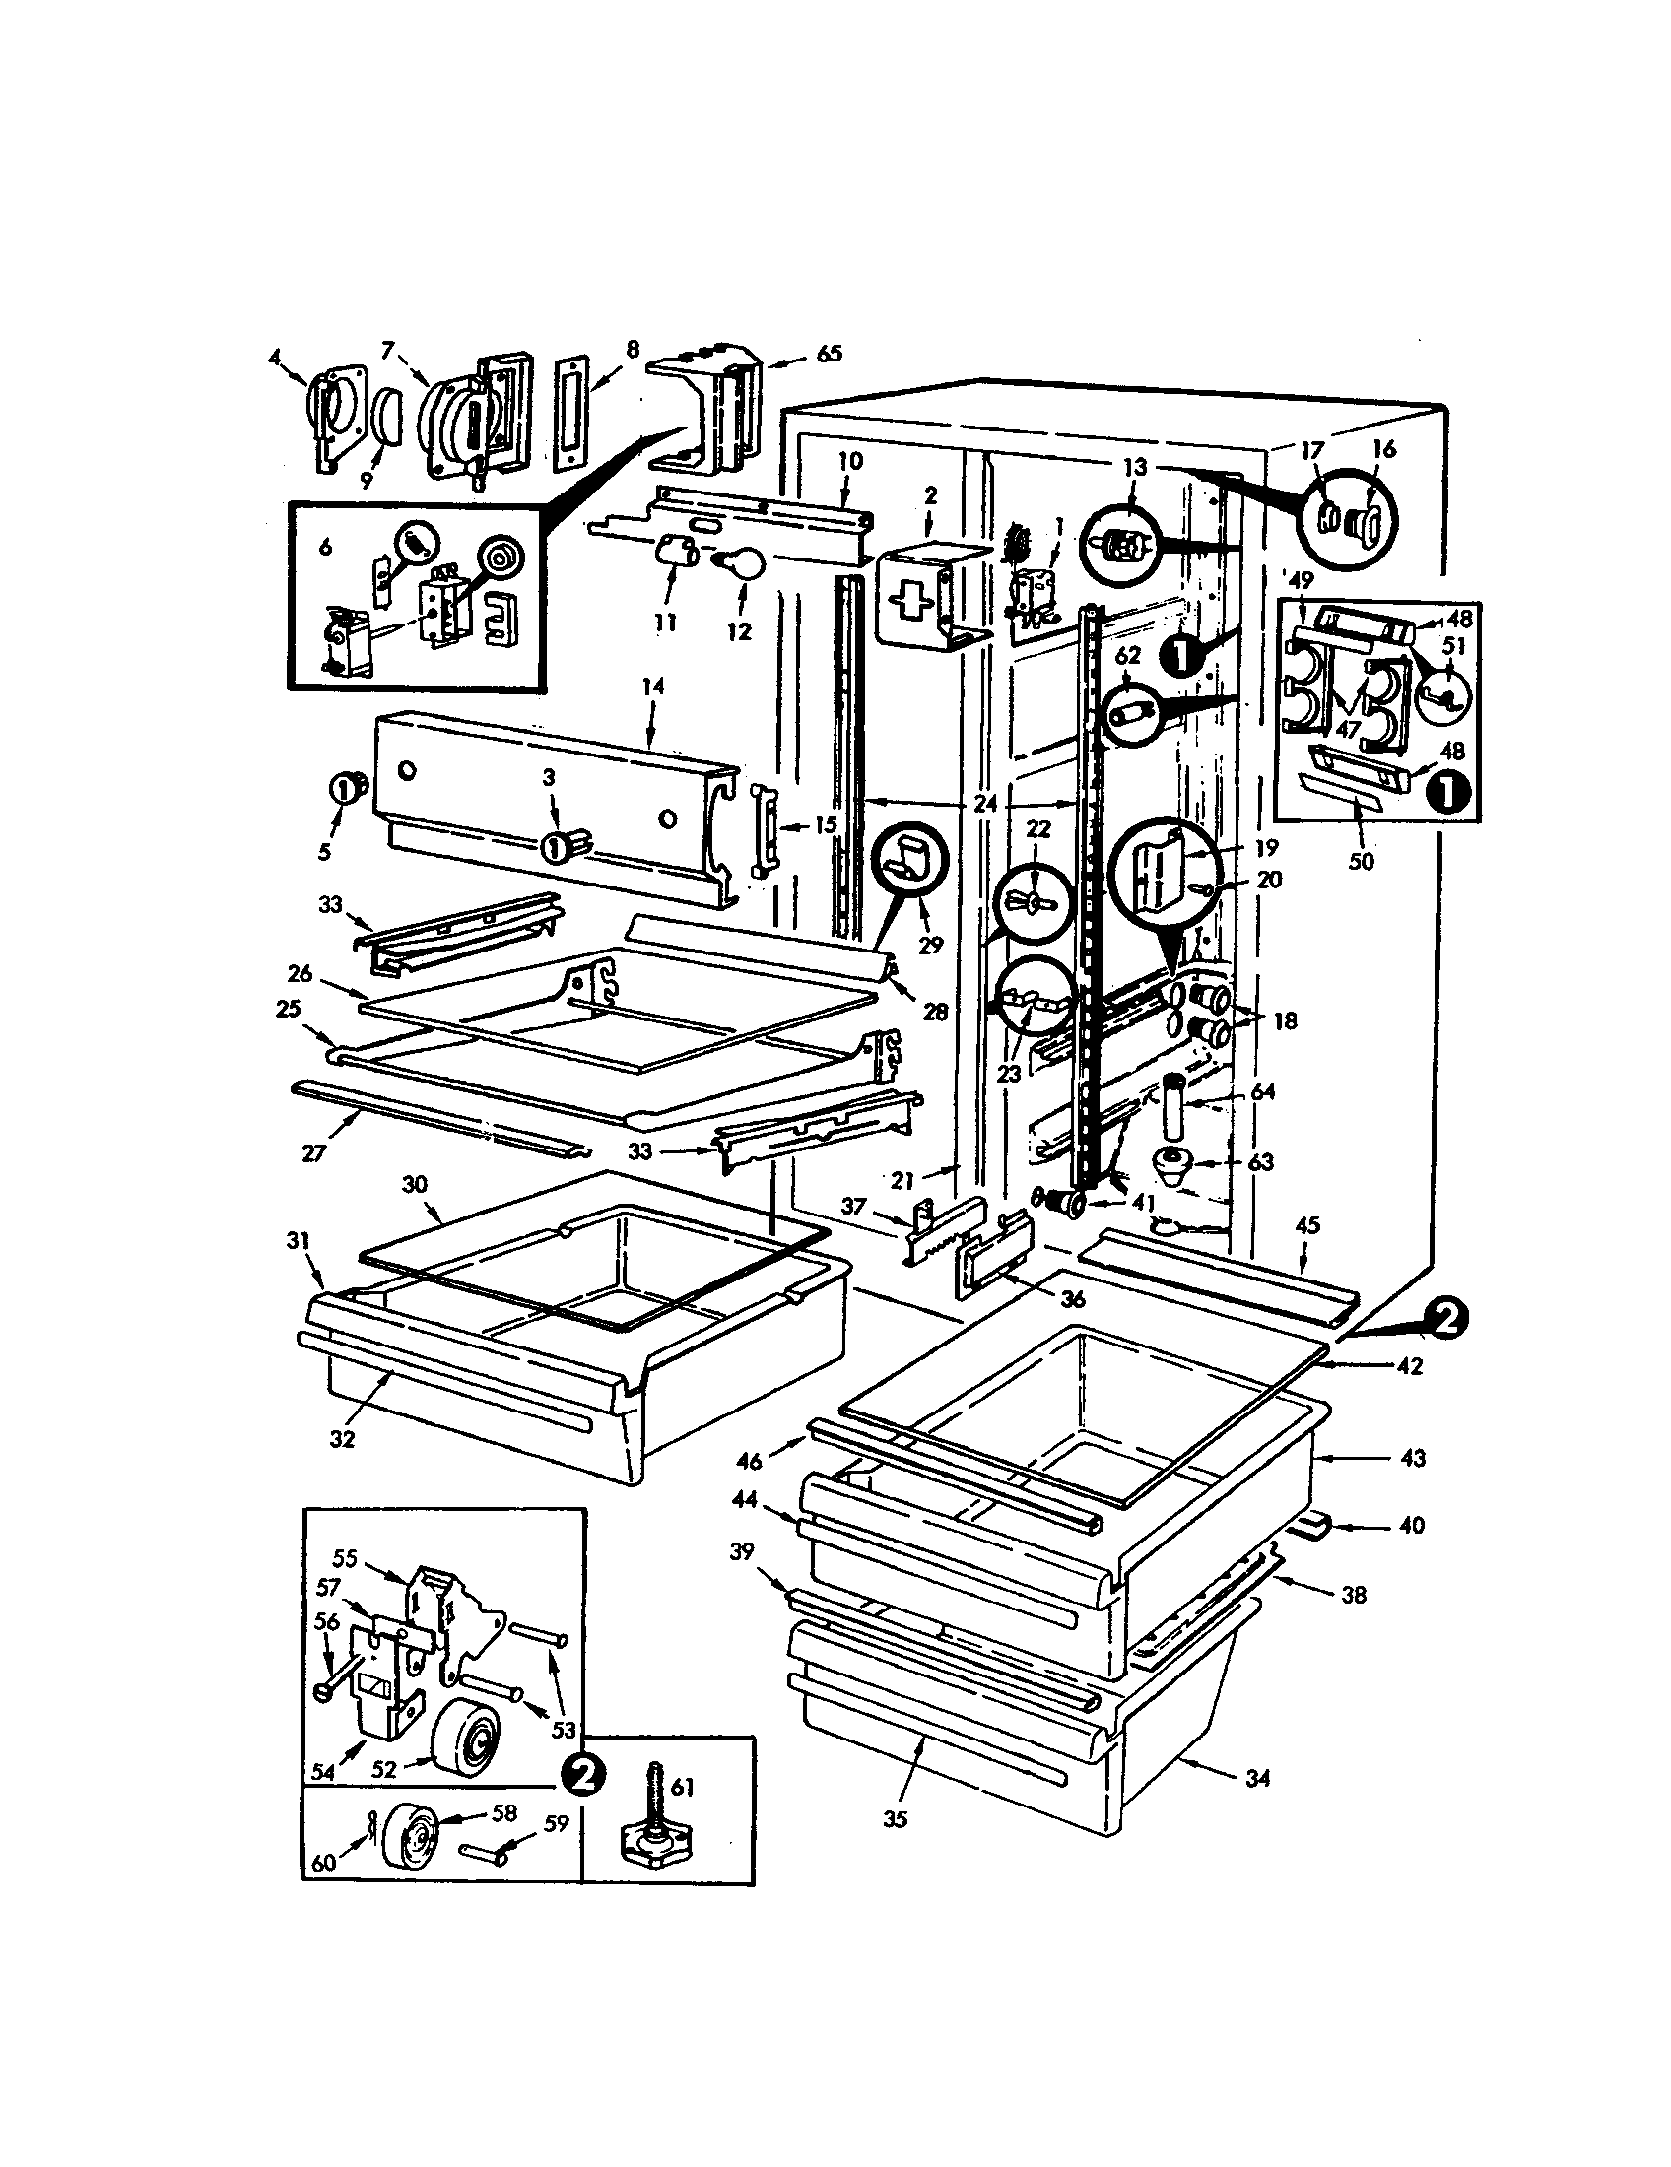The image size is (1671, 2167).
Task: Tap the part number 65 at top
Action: (x=829, y=354)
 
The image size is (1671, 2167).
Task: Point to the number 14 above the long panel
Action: (x=653, y=686)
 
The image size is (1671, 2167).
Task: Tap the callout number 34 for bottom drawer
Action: (x=1257, y=1779)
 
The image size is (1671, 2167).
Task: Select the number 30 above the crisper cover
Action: (x=414, y=1184)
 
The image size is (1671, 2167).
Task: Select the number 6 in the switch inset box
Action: (x=325, y=546)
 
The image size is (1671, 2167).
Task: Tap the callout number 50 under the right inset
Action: (x=1362, y=861)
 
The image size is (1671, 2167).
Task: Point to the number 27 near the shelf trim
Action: (x=313, y=1154)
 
